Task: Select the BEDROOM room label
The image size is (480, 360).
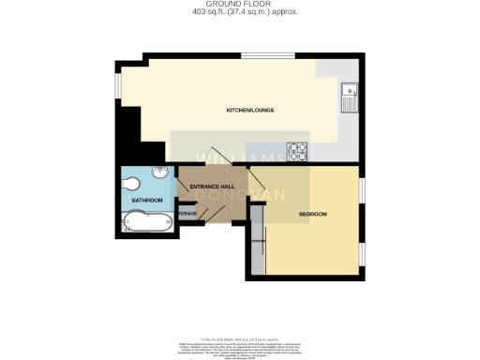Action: (x=312, y=215)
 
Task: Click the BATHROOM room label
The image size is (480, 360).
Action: (x=147, y=201)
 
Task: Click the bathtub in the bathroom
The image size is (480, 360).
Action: (x=147, y=222)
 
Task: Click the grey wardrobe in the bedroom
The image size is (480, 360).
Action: (x=255, y=237)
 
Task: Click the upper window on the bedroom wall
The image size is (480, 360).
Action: (x=362, y=190)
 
